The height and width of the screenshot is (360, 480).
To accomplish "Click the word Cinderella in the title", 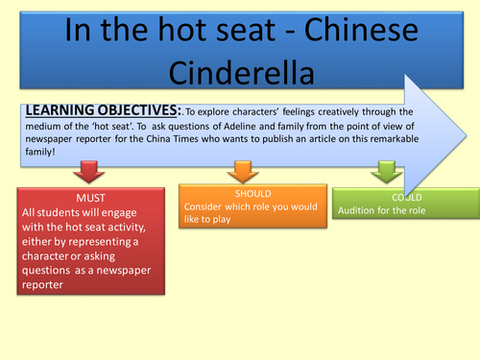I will (240, 74).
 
